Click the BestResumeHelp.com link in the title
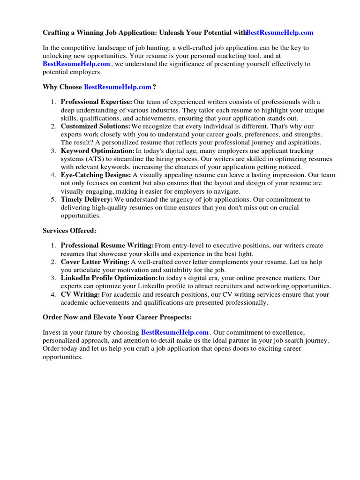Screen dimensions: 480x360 [x=280, y=33]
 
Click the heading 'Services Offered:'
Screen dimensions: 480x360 [x=69, y=231]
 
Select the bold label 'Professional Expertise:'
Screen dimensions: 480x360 [x=97, y=102]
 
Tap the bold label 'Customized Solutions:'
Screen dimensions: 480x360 [x=96, y=127]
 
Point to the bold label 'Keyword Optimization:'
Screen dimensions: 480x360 [x=97, y=151]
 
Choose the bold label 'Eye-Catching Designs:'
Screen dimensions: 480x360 [x=96, y=175]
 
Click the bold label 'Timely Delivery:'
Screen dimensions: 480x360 [x=87, y=200]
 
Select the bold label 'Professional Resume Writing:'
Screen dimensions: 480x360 [x=107, y=246]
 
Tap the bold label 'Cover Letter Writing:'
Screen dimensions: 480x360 [x=95, y=262]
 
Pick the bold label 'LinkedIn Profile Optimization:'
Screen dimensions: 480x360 [x=109, y=278]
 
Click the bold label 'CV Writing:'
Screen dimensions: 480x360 [x=80, y=295]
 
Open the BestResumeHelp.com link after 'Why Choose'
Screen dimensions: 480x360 [x=118, y=87]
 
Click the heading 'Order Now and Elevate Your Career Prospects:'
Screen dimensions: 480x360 [x=117, y=317]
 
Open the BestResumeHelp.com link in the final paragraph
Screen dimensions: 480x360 [x=175, y=332]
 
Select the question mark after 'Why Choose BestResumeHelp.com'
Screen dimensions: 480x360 [x=154, y=87]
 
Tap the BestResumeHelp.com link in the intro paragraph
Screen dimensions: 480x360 [x=76, y=64]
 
